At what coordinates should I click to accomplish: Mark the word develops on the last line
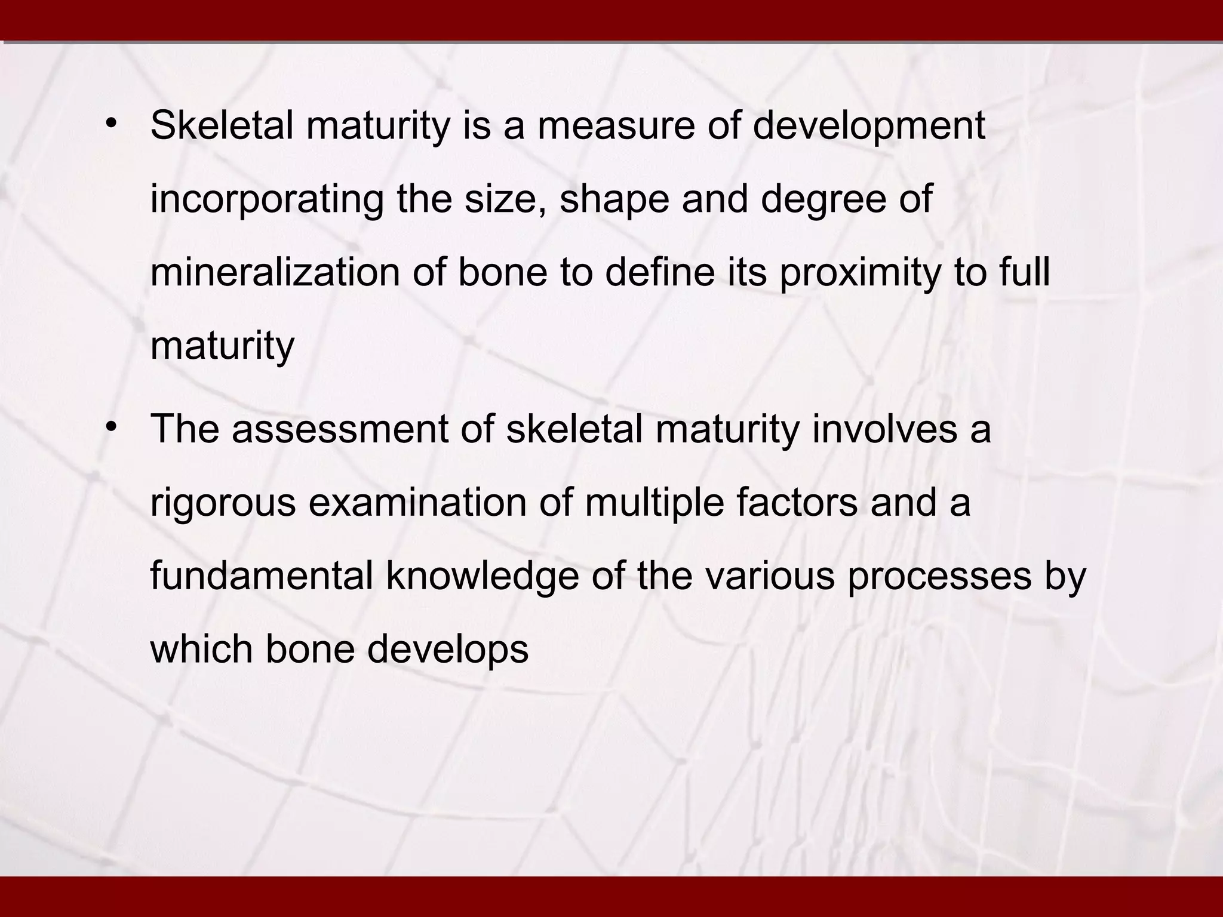[x=448, y=651]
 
